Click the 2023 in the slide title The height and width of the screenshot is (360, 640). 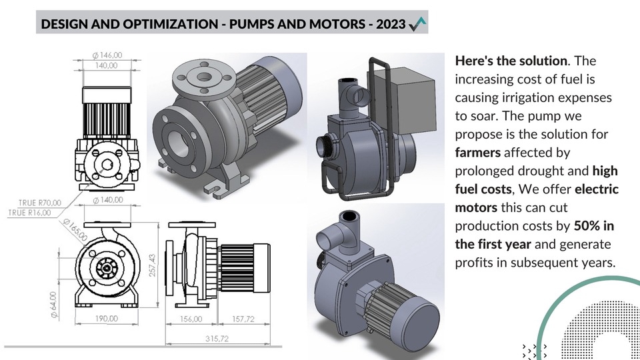390,25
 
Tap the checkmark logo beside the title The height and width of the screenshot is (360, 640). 417,24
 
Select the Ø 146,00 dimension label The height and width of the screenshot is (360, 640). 108,55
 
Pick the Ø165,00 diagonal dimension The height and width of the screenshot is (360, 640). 75,229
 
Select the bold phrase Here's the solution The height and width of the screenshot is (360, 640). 511,61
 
